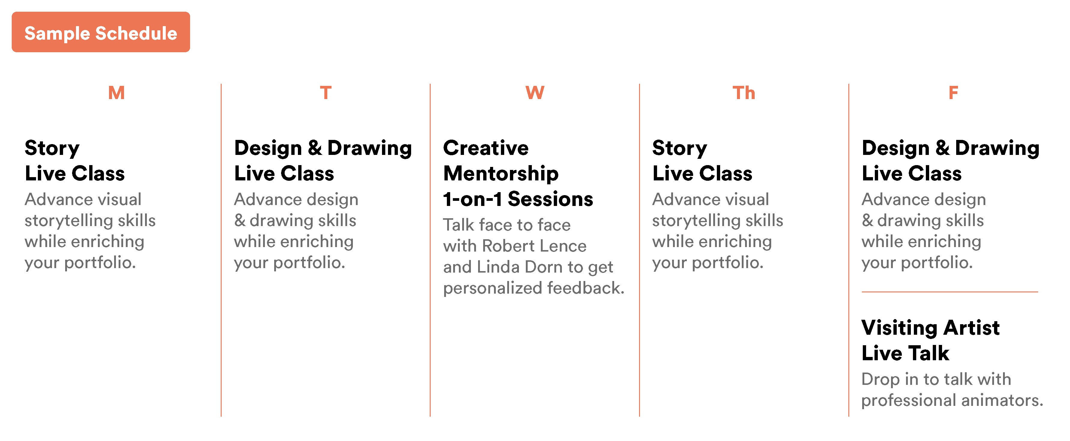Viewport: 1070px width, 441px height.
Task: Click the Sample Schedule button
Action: pyautogui.click(x=101, y=32)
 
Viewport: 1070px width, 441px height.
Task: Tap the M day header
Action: pyautogui.click(x=116, y=92)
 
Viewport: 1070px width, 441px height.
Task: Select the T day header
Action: pyautogui.click(x=326, y=92)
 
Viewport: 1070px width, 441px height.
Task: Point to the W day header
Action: pyautogui.click(x=535, y=92)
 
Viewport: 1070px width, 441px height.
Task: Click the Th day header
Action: pyautogui.click(x=744, y=92)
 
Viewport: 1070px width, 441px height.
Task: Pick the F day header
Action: pyautogui.click(x=953, y=92)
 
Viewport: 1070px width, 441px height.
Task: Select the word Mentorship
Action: pyautogui.click(x=501, y=174)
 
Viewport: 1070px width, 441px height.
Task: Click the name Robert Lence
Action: pyautogui.click(x=534, y=246)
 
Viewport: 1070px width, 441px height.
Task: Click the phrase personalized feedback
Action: pyautogui.click(x=533, y=288)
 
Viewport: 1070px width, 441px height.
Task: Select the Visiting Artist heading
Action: pyautogui.click(x=930, y=328)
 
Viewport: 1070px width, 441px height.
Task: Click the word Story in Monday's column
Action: pyautogui.click(x=52, y=149)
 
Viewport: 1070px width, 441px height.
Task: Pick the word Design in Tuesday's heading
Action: pyautogui.click(x=268, y=149)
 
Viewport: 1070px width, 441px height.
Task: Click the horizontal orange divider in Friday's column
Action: pyautogui.click(x=950, y=292)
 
